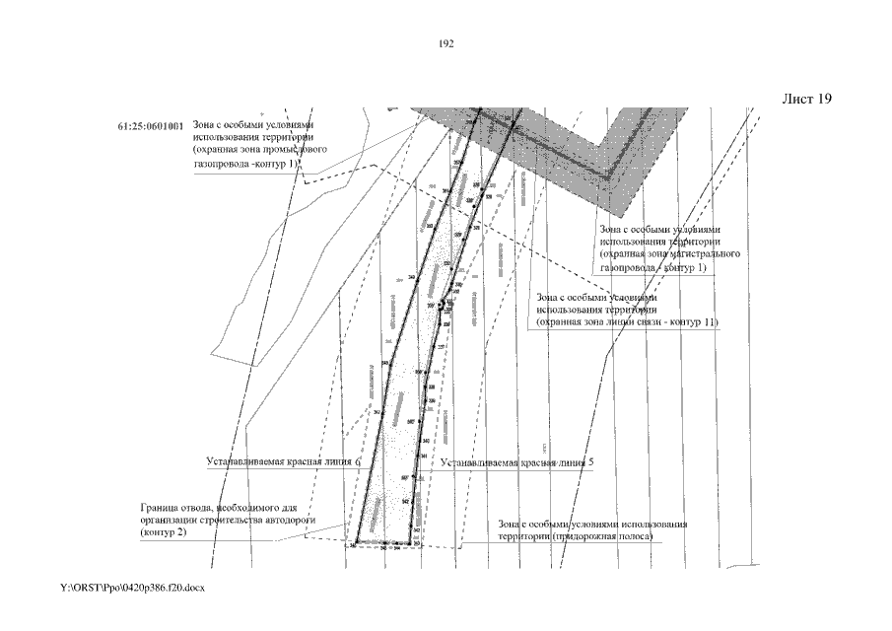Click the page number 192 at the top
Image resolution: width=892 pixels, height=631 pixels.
point(445,44)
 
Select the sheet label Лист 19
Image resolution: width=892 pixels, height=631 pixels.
point(806,100)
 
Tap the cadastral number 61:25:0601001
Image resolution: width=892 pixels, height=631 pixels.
point(150,127)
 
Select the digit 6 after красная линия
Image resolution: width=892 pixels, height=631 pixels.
point(358,461)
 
